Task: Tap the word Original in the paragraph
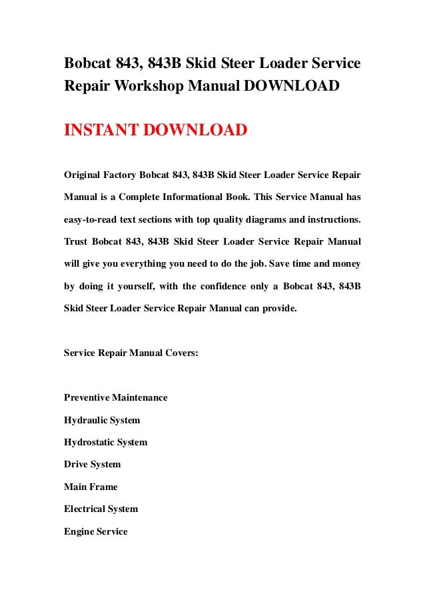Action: tap(83, 175)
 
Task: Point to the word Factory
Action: tap(120, 175)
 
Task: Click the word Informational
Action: tap(203, 197)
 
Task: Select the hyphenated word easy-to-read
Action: tap(93, 219)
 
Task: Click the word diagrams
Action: tap(258, 219)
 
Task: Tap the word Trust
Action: tap(77, 241)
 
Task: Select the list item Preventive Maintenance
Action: tap(115, 398)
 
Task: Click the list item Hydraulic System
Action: tap(102, 420)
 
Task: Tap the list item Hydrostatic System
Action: tap(105, 442)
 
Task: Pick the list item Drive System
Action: tap(92, 464)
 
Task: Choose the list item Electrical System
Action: tap(101, 509)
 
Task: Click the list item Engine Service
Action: tap(95, 531)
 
